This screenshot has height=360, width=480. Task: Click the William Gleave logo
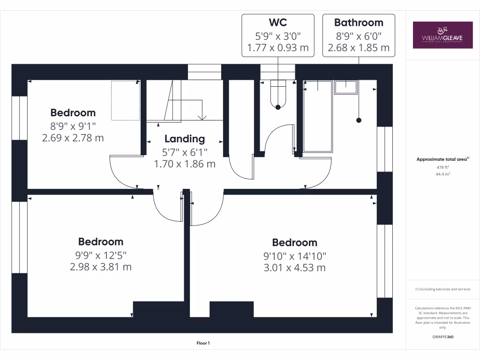tap(442, 35)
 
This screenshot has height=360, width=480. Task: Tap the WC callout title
tap(277, 22)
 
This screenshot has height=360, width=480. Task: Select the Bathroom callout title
tap(359, 22)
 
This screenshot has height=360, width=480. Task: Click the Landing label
tap(185, 139)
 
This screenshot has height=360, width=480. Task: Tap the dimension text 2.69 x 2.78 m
tap(73, 138)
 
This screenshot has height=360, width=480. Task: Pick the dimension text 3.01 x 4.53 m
tap(294, 268)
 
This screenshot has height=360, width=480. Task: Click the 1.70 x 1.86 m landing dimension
tap(185, 164)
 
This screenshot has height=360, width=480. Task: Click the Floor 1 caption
tap(203, 344)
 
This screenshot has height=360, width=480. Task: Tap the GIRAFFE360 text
tap(443, 337)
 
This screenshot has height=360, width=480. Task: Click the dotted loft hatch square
tap(126, 100)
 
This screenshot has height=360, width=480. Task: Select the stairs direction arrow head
tap(203, 118)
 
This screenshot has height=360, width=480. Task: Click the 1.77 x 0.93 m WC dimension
tap(277, 47)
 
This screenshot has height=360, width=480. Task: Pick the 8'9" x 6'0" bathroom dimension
tap(359, 35)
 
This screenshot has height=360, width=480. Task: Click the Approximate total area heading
tap(442, 159)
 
